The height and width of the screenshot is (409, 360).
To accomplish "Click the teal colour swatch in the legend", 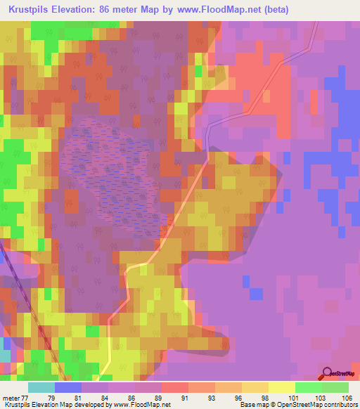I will [x=41, y=387].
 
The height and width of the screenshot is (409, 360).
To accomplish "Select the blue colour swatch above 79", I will [x=68, y=387].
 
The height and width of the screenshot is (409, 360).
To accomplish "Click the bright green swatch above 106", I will [x=335, y=387].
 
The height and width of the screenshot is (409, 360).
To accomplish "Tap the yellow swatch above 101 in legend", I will [x=281, y=387].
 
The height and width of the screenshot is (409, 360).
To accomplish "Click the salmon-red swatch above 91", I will [x=175, y=387].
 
